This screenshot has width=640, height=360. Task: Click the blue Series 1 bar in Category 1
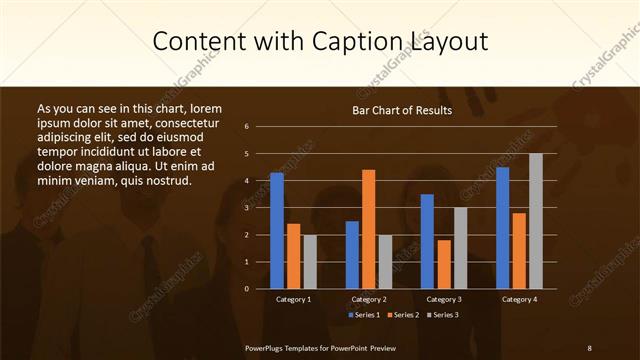click(x=277, y=231)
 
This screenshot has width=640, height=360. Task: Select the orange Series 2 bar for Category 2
click(x=368, y=229)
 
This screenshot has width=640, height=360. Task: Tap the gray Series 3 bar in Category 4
click(x=535, y=221)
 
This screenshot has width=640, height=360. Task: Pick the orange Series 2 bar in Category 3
click(x=444, y=264)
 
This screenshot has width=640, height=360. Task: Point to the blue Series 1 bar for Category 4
click(x=502, y=228)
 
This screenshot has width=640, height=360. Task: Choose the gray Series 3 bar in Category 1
click(x=310, y=262)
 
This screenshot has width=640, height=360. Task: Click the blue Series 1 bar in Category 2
click(x=352, y=255)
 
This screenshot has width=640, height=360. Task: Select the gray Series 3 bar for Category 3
click(x=460, y=248)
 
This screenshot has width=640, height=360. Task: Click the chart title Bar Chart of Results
click(x=403, y=110)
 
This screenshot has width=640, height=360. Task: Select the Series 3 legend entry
click(x=441, y=315)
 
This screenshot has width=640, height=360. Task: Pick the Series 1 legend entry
click(x=365, y=315)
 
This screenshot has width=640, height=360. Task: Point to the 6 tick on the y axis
click(x=246, y=127)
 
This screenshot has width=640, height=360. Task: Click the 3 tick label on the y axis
click(x=246, y=208)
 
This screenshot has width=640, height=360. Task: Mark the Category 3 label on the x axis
click(x=444, y=299)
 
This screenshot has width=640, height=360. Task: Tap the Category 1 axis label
click(x=294, y=299)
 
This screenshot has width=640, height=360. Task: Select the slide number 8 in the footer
click(x=589, y=347)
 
